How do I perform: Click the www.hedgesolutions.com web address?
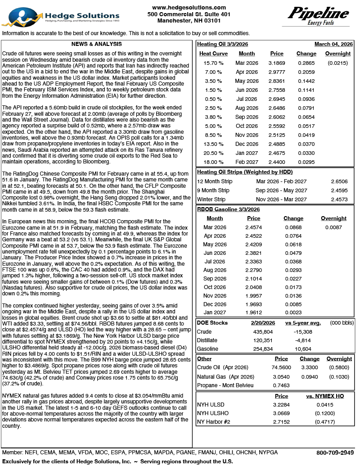pyautogui.click(x=189, y=8)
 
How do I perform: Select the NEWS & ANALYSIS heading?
pyautogui.click(x=96, y=44)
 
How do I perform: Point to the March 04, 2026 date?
pyautogui.click(x=333, y=44)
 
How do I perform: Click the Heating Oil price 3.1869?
pyautogui.click(x=276, y=63)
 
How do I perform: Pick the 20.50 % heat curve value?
pyautogui.click(x=213, y=154)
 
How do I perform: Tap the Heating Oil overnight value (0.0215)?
pyautogui.click(x=337, y=63)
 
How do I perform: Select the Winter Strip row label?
pyautogui.click(x=211, y=199)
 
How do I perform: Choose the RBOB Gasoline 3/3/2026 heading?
pyautogui.click(x=228, y=209)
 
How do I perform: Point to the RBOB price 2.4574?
pyautogui.click(x=254, y=228)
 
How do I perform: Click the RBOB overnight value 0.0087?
pyautogui.click(x=333, y=228)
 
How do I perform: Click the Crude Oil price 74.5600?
pyautogui.click(x=281, y=367)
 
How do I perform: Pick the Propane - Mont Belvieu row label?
pyautogui.click(x=225, y=385)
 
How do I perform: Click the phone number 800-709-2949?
pyautogui.click(x=335, y=452)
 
